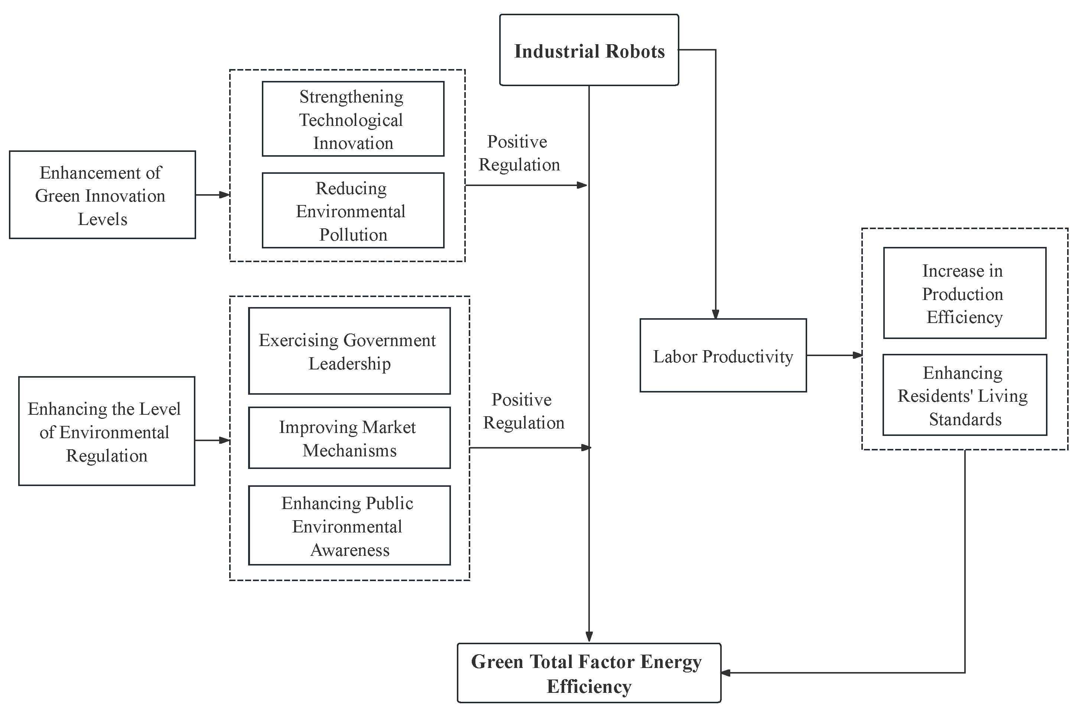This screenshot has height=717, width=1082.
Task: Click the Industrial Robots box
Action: pyautogui.click(x=589, y=50)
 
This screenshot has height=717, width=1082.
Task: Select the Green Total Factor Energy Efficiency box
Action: pyautogui.click(x=589, y=673)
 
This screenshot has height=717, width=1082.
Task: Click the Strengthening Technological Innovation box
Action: pyautogui.click(x=352, y=119)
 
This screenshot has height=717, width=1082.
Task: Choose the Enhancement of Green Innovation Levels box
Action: pyautogui.click(x=102, y=195)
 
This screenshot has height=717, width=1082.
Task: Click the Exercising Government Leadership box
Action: pyautogui.click(x=349, y=351)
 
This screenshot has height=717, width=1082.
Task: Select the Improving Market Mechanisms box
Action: pyautogui.click(x=349, y=438)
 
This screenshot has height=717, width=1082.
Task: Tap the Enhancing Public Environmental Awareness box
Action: pyautogui.click(x=349, y=525)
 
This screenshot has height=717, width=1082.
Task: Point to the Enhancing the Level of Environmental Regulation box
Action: pyautogui.click(x=106, y=431)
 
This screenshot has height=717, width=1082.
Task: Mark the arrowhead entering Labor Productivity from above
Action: pyautogui.click(x=715, y=314)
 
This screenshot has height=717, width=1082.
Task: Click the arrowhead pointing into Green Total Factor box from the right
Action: pyautogui.click(x=726, y=673)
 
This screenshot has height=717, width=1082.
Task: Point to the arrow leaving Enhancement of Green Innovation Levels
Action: pyautogui.click(x=213, y=195)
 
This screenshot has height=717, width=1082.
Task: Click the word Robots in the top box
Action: pyautogui.click(x=635, y=51)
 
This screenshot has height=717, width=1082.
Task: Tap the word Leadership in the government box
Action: pyautogui.click(x=350, y=364)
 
